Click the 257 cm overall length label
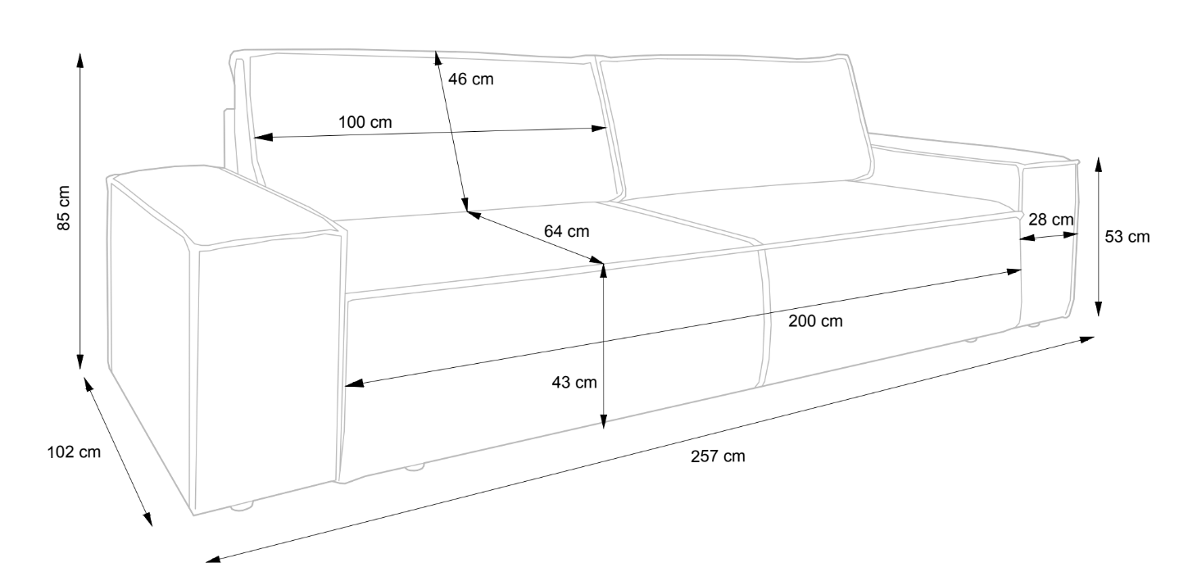(718, 456)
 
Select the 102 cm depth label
(74, 452)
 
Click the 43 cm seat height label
(574, 382)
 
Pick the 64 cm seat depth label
(566, 232)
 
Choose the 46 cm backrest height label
(471, 79)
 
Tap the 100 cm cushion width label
(365, 123)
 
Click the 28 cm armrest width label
(1050, 220)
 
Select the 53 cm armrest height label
(1127, 238)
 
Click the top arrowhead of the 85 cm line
(79, 59)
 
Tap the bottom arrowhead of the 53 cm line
(1098, 309)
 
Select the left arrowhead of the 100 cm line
(261, 138)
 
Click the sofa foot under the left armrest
(241, 507)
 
